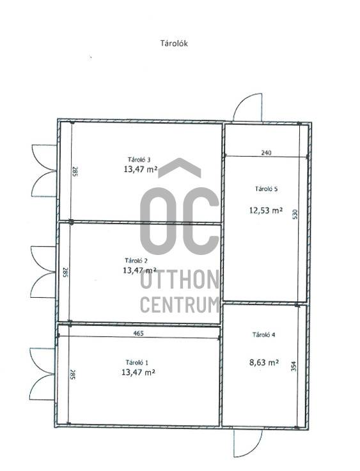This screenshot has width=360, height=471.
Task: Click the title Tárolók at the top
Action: click(x=174, y=43)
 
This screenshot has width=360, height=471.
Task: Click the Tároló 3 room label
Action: click(x=139, y=160)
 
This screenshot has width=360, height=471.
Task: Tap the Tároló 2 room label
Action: click(x=136, y=261)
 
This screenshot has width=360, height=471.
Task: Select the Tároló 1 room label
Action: click(x=137, y=362)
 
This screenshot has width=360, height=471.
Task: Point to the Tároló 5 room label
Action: click(x=266, y=189)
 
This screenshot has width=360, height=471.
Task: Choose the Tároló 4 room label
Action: click(x=264, y=335)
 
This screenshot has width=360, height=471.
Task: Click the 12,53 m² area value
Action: click(x=266, y=210)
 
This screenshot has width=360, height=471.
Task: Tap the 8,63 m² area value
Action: click(x=264, y=362)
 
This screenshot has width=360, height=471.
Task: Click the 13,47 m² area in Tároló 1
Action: click(x=138, y=373)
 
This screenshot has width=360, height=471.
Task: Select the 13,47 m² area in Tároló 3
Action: click(x=140, y=169)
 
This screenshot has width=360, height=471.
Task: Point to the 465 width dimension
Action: click(x=138, y=333)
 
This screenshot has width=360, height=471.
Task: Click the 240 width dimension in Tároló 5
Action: click(x=266, y=153)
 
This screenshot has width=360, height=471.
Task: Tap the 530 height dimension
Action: click(x=295, y=214)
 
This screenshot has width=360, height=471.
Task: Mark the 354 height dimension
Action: click(x=294, y=366)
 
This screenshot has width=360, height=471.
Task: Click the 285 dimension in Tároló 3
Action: click(x=75, y=171)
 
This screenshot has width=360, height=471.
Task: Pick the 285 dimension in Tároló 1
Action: click(x=72, y=374)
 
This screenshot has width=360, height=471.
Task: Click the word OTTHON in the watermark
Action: click(x=180, y=279)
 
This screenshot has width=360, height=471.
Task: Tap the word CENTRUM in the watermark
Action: click(x=180, y=304)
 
